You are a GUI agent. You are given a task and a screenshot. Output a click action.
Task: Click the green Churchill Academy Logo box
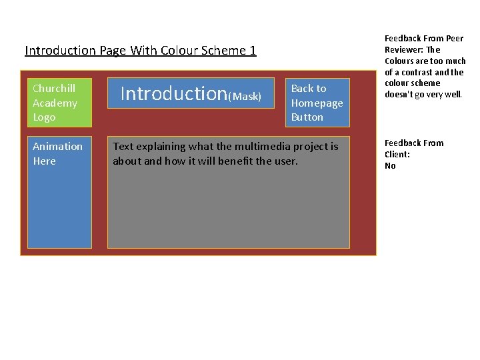[x=59, y=103]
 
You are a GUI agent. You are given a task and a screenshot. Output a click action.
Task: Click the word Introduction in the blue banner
[x=174, y=93]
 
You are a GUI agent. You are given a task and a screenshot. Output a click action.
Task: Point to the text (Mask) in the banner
[x=245, y=97]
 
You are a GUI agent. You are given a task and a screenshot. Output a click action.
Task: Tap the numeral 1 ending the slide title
[x=253, y=50]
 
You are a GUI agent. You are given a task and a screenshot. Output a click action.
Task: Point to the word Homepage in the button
[x=317, y=103]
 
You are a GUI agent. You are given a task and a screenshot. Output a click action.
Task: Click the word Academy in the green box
[x=55, y=103]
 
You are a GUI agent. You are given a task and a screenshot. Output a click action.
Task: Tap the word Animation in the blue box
[x=57, y=146]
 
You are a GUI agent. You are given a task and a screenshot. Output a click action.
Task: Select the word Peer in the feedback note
[x=455, y=38]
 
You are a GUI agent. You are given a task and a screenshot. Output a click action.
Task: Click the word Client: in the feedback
[x=397, y=154]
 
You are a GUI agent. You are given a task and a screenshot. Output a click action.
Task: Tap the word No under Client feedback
[x=390, y=165]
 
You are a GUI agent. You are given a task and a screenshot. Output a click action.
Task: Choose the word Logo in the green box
[x=44, y=117]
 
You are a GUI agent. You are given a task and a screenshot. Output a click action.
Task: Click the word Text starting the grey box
[x=123, y=146]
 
